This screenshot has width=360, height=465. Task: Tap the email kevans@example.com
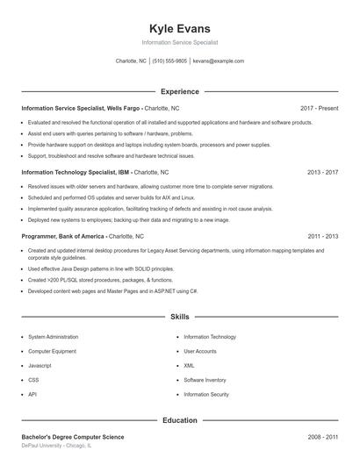[218, 61]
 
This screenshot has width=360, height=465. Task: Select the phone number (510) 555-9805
[169, 61]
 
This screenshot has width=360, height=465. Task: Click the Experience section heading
[179, 91]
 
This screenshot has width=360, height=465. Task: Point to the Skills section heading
[179, 316]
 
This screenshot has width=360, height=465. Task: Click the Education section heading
[179, 420]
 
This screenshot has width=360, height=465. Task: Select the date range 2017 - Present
[319, 108]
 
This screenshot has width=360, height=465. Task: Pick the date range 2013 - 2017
[322, 173]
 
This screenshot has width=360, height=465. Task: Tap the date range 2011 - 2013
[322, 237]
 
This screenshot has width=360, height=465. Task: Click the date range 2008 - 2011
[322, 437]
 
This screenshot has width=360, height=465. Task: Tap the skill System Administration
[53, 337]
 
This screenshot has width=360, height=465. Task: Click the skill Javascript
[40, 366]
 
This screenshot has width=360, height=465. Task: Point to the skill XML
[189, 366]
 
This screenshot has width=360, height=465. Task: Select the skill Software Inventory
[205, 380]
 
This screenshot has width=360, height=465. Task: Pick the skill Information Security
[206, 395]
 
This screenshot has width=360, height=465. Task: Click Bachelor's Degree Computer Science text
[73, 437]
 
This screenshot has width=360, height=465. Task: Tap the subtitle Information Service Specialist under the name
[179, 42]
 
